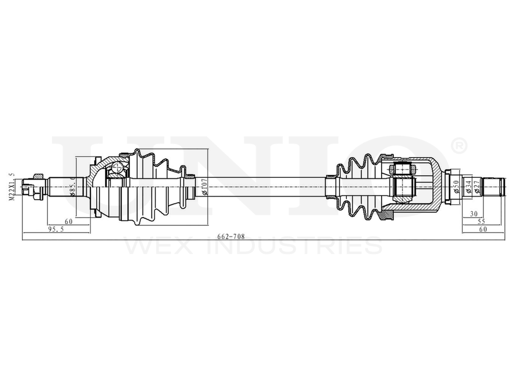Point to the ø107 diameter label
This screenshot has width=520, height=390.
tap(204, 186)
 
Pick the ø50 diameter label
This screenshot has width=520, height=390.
tap(455, 186)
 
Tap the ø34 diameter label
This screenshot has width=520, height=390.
tap(469, 186)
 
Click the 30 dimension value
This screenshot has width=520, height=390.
tap(473, 214)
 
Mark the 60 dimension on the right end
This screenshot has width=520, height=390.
tap(483, 229)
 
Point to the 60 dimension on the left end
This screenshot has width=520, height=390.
tap(68, 222)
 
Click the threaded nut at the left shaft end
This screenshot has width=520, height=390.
tap(37, 186)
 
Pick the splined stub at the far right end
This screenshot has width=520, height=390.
tap(494, 186)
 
